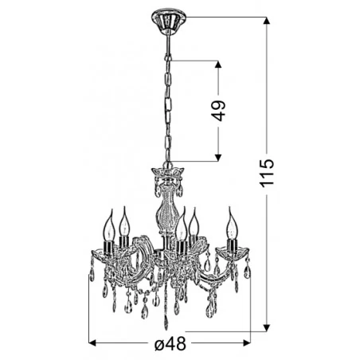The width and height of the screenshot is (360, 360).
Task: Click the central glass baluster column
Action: [x=166, y=206]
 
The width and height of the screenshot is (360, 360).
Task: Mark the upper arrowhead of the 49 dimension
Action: [x=219, y=63]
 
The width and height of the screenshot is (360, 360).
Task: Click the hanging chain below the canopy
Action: [x=169, y=96]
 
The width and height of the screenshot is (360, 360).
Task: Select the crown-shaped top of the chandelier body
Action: [x=166, y=173]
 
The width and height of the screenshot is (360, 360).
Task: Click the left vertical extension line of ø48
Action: [x=88, y=311]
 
